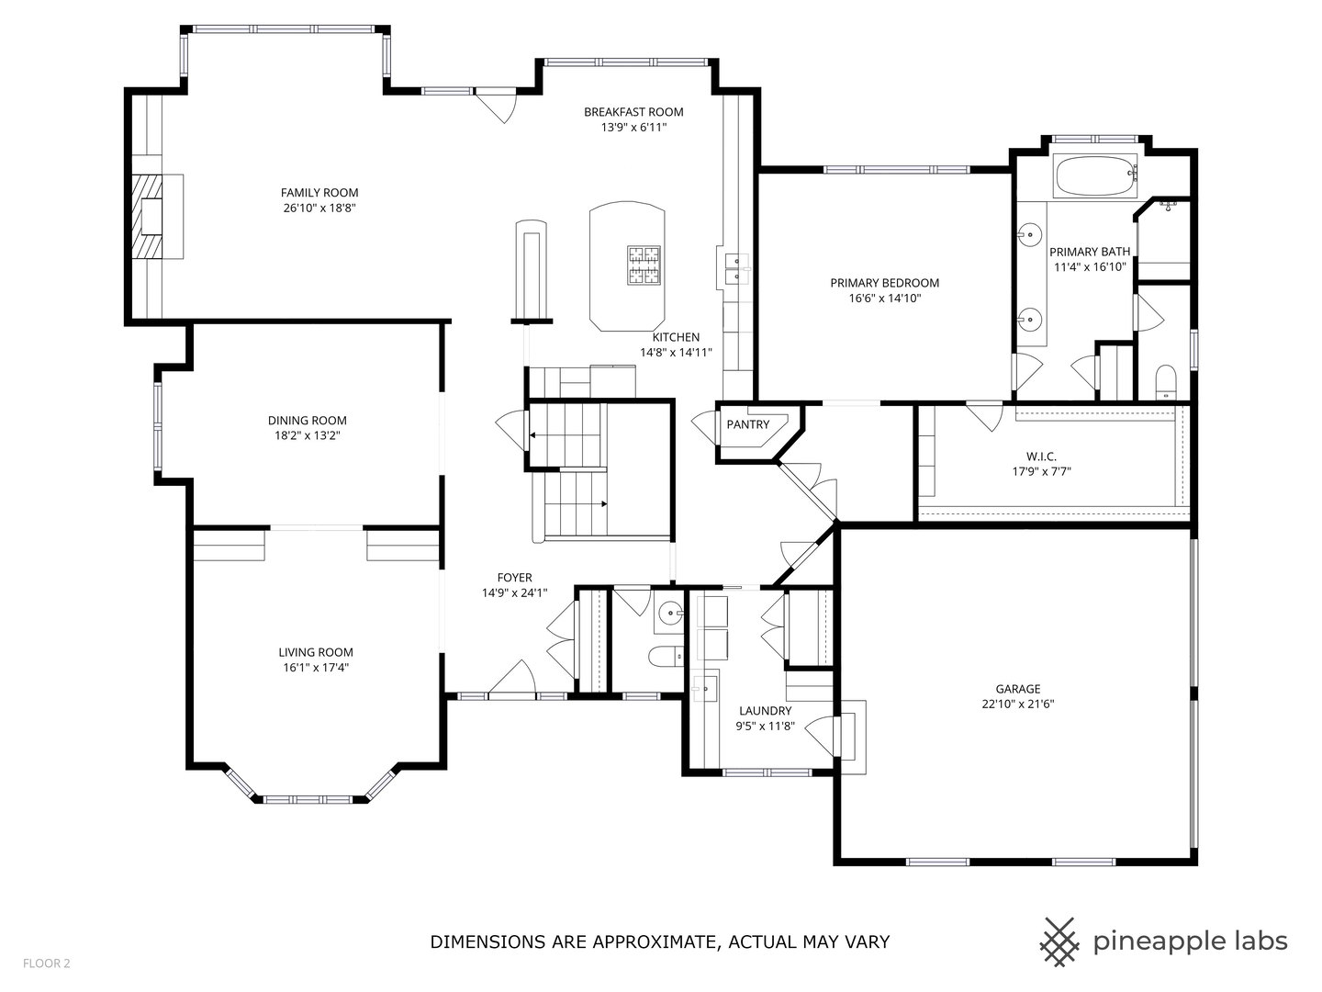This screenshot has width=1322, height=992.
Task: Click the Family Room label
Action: click(x=319, y=193)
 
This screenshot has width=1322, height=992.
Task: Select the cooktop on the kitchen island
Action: click(x=644, y=265)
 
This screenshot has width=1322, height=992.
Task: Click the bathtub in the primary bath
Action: click(x=1095, y=176)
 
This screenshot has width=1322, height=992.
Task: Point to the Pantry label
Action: click(x=748, y=424)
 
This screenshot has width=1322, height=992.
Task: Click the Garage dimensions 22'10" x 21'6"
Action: click(x=1018, y=705)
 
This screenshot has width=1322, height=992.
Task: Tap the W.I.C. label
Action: click(x=1041, y=457)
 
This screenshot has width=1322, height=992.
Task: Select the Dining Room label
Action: click(x=308, y=421)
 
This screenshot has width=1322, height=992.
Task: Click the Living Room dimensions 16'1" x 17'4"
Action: click(x=316, y=668)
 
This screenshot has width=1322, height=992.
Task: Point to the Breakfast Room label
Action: click(x=633, y=112)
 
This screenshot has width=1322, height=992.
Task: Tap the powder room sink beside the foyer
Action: click(x=670, y=615)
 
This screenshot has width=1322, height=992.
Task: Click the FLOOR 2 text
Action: click(x=47, y=964)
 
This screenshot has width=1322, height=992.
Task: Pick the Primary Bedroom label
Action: click(x=885, y=283)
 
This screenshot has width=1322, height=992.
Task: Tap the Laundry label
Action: click(x=766, y=711)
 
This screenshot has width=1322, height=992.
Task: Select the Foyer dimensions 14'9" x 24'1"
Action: click(x=514, y=592)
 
